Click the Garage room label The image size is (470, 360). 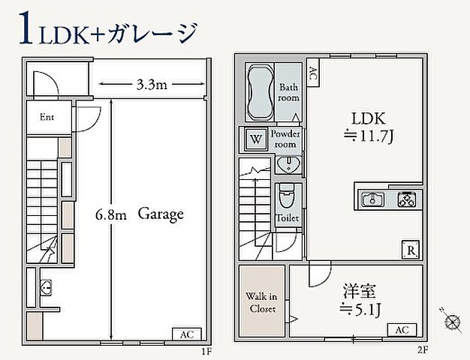pos(160,214)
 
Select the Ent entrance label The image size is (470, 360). pos(47,117)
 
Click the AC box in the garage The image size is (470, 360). pos(188,334)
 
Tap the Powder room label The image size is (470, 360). pos(285,139)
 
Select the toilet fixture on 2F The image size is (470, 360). pos(286,199)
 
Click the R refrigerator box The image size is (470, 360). pos(411,250)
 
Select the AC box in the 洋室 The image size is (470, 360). pos(402,330)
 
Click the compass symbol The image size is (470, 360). pos(452,321)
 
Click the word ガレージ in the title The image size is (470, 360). pos(154,34)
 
